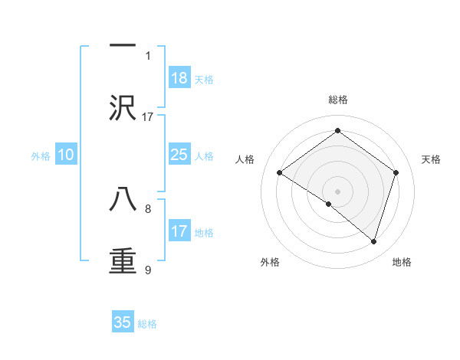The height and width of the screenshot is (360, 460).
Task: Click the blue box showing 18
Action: (179, 78)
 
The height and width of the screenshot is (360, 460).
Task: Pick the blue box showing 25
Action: (179, 155)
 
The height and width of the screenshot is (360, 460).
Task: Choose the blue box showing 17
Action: (179, 231)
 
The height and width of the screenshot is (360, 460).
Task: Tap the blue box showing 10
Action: (66, 155)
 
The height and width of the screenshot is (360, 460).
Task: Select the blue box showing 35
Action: (123, 322)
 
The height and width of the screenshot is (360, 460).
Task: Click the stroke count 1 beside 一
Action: (148, 55)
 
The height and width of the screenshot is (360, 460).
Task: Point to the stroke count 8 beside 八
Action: (148, 208)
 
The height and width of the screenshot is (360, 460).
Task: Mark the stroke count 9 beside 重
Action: (148, 269)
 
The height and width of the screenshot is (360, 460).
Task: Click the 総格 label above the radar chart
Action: (338, 100)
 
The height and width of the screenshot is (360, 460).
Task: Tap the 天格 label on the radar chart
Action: (431, 159)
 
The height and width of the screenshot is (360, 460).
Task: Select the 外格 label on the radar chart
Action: (270, 262)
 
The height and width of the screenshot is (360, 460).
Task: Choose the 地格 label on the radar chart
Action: (402, 262)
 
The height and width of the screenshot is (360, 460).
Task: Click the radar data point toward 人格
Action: (280, 173)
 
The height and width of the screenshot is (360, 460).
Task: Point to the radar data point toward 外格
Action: (329, 204)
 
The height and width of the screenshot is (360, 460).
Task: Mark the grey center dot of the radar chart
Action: (338, 191)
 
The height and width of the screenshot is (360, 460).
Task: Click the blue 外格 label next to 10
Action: (41, 156)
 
